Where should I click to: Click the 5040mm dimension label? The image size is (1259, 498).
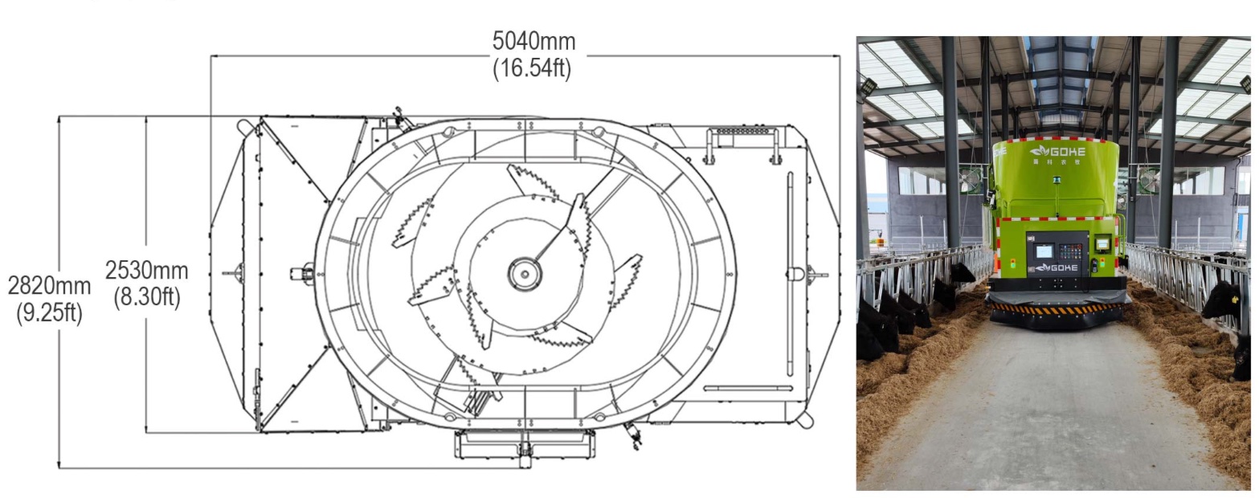(x=534, y=42)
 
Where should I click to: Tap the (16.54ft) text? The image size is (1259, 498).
(x=532, y=68)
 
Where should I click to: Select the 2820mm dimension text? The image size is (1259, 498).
(x=50, y=285)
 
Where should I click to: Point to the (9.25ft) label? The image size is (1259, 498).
(x=50, y=312)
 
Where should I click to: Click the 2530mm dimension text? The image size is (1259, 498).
(x=147, y=271)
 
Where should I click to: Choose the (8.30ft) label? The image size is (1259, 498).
(x=147, y=296)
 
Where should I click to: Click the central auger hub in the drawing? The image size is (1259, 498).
(x=525, y=274)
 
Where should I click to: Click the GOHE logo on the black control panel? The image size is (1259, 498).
(x=1057, y=267)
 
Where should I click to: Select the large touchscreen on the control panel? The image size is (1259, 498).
(x=1044, y=251)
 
